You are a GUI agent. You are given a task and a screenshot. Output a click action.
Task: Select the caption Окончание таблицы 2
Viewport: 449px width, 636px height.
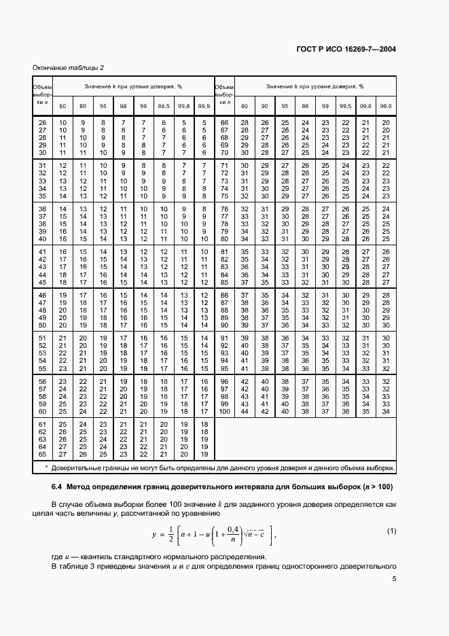[x=68, y=67]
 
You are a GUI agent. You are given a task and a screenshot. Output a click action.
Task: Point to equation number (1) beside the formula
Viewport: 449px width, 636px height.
[x=391, y=531]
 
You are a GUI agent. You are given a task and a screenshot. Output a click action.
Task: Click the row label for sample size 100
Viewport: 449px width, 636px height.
[x=224, y=412]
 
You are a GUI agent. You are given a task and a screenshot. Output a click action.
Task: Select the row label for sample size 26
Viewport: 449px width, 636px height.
[x=42, y=122]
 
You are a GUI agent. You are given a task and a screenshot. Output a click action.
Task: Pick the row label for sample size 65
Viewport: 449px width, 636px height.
[x=42, y=454]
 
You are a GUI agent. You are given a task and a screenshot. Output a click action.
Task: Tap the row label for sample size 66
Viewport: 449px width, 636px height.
[x=224, y=122]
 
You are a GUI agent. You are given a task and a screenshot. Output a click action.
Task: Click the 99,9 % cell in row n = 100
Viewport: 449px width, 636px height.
[x=386, y=412]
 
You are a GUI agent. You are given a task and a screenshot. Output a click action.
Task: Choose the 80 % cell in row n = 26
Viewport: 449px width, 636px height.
[x=63, y=122]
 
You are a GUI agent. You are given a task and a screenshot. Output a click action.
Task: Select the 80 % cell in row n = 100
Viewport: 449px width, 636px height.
[x=245, y=412]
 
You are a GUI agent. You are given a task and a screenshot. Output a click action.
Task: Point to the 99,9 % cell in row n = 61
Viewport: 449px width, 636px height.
[x=204, y=424]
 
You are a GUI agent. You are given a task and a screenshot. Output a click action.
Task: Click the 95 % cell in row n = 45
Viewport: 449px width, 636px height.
[x=103, y=282]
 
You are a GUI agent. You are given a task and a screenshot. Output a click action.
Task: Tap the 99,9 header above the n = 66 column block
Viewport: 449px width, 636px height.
[x=386, y=106]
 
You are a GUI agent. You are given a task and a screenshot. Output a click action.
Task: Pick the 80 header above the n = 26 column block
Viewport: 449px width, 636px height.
[x=63, y=106]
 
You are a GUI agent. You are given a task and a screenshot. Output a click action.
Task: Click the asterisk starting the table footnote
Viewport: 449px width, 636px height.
[x=46, y=468]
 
